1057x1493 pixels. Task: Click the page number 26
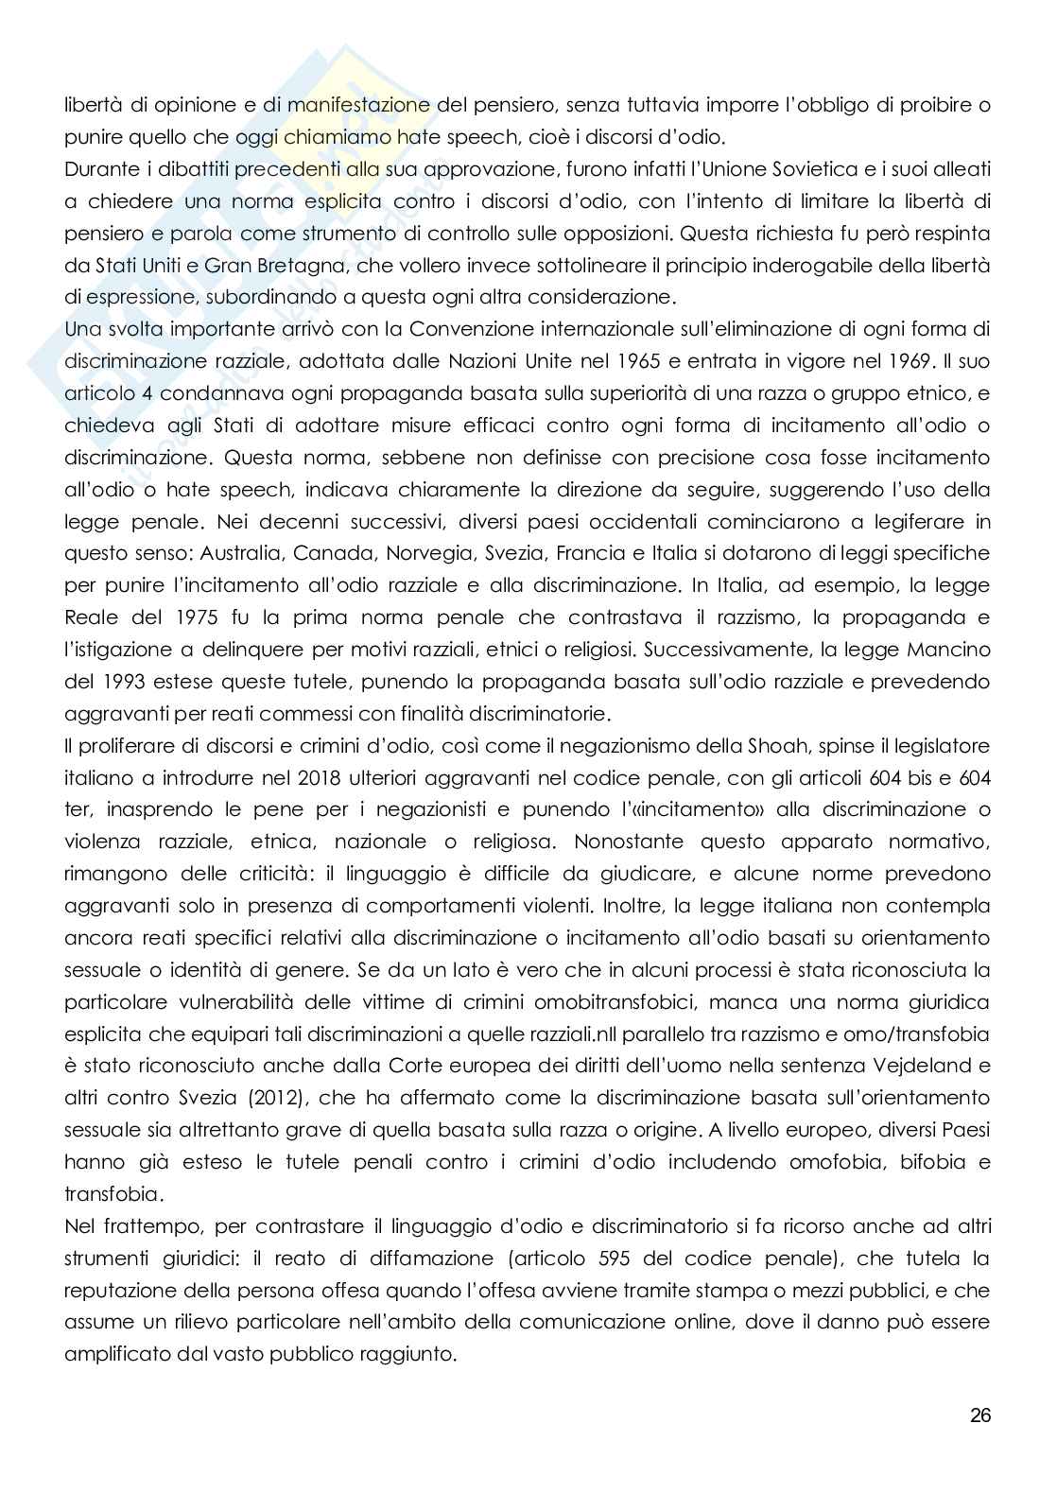pos(979,1415)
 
